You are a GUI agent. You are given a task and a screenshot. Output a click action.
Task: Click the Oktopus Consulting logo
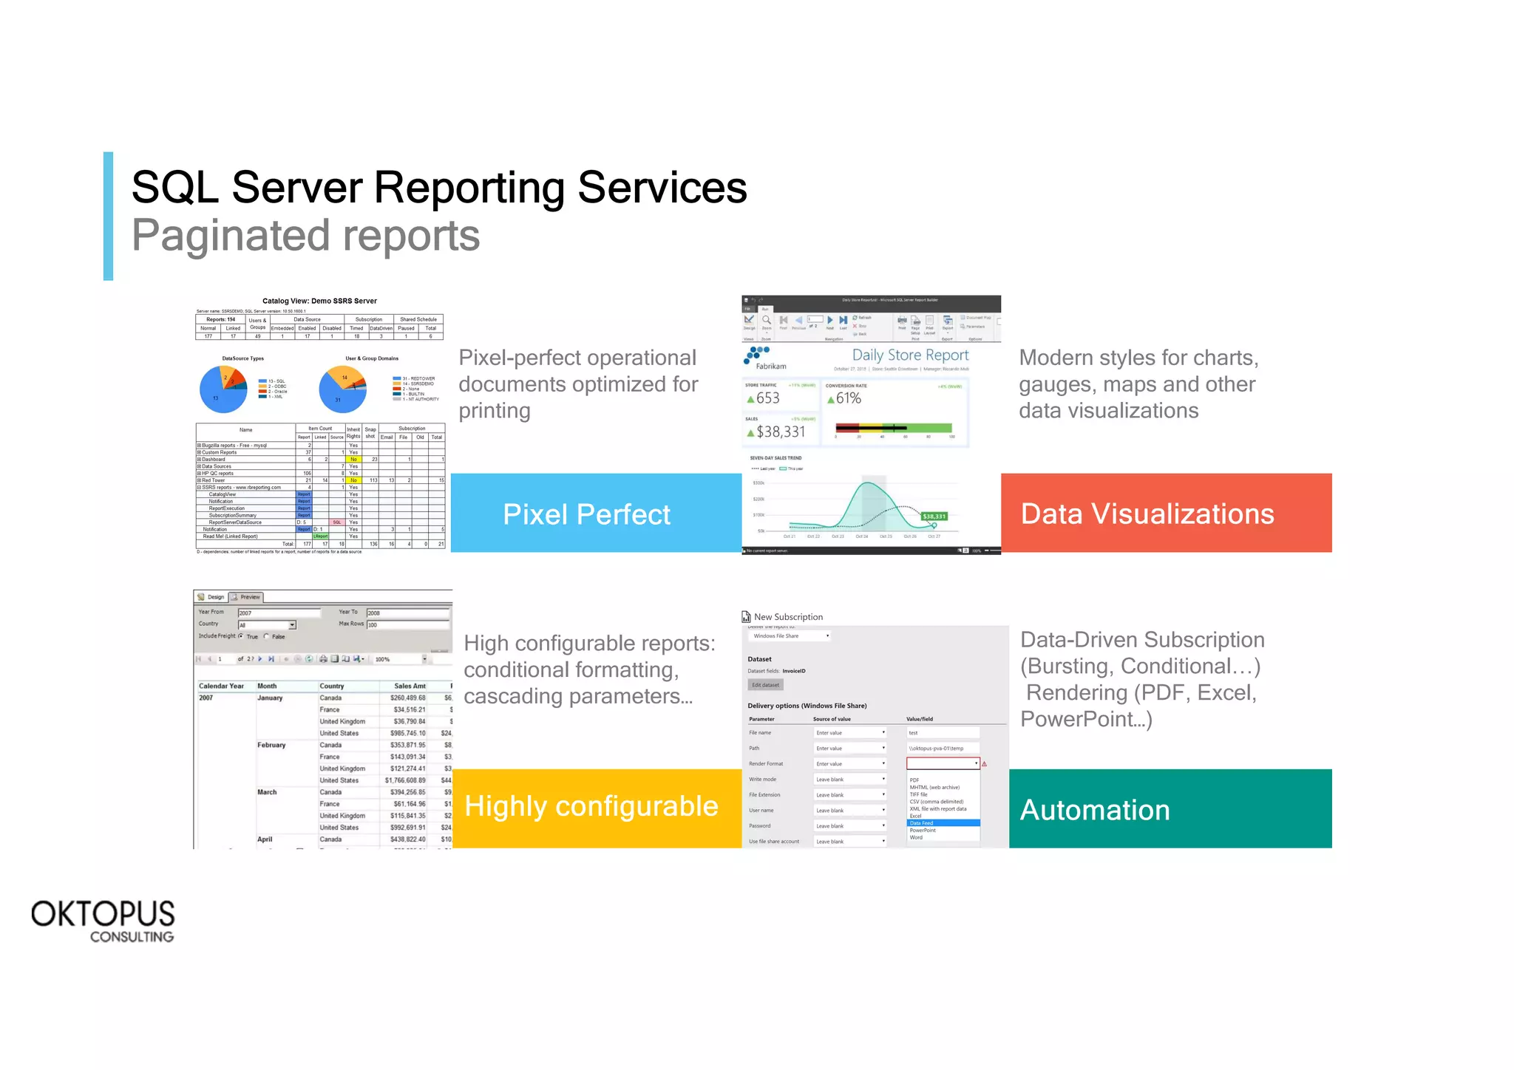103,920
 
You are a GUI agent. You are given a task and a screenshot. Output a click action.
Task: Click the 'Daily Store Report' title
910,355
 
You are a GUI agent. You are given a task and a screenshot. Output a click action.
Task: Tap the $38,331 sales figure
780,432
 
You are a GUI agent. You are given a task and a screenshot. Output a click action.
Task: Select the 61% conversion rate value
848,398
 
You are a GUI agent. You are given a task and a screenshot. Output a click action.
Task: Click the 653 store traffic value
767,398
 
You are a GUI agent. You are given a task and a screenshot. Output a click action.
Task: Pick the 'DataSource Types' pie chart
223,389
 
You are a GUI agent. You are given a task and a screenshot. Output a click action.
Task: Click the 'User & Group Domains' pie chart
342,389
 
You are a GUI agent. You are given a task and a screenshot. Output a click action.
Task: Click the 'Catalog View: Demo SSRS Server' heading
319,301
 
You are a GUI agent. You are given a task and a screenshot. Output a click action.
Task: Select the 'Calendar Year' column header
221,686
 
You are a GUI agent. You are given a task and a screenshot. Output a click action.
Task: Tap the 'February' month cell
271,745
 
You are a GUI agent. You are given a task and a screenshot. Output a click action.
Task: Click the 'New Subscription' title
788,617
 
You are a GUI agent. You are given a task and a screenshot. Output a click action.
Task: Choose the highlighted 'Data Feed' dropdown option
922,822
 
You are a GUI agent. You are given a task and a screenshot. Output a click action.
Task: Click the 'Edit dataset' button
765,685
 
